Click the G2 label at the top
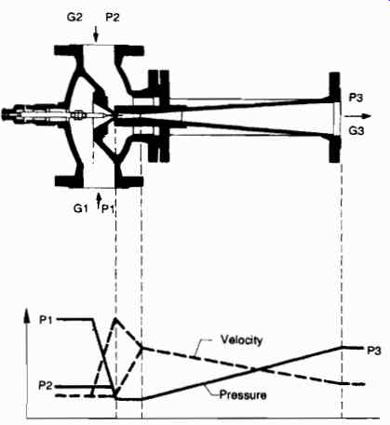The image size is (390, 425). point(74,17)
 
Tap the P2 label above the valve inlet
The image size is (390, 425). point(113,17)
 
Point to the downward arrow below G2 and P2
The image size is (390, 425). point(96,34)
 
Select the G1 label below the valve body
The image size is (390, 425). point(80,208)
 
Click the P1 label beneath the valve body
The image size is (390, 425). point(108,209)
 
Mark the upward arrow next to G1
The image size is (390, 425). point(99,200)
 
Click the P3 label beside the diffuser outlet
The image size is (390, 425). point(356,98)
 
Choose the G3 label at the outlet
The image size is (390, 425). point(356,131)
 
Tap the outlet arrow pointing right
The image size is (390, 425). point(357,116)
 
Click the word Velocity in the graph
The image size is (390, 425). point(242,340)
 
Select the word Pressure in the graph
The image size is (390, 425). point(243,395)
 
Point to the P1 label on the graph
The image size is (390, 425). point(46,320)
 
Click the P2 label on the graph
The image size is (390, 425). point(46,386)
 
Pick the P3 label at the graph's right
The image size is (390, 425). point(374,351)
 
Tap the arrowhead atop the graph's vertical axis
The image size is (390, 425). point(28,315)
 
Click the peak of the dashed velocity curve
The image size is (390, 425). point(116,318)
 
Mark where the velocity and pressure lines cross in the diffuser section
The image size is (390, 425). point(256,369)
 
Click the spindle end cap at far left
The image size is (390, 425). point(6,114)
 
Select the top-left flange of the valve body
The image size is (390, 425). point(69,50)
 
